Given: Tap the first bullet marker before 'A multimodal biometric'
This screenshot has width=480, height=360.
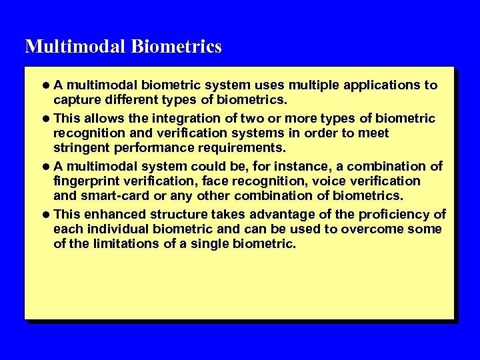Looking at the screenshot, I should pyautogui.click(x=45, y=85).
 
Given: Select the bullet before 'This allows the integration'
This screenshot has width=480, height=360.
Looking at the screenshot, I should pyautogui.click(x=45, y=119).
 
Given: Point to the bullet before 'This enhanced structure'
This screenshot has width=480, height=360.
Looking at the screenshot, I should pyautogui.click(x=45, y=214).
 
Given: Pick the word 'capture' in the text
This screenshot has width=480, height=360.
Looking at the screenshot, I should pyautogui.click(x=75, y=101).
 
